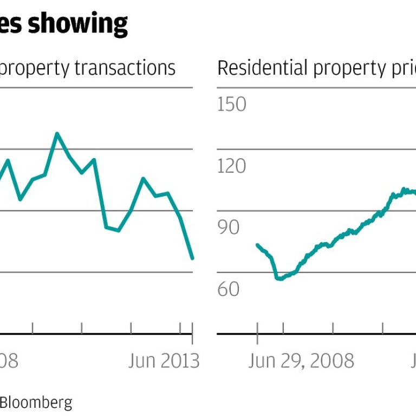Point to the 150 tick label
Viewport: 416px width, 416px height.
232,104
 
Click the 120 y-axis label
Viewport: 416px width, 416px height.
232,166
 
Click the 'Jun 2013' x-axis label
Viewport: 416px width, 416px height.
164,361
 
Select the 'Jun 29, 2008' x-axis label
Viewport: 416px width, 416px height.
301,361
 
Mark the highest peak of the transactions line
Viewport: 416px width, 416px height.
57,133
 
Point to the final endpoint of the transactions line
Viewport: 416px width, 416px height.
192,258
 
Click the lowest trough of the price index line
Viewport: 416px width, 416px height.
279,278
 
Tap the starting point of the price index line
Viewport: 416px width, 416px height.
257,245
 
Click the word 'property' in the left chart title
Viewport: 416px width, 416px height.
35,69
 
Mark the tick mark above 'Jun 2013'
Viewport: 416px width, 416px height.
193,328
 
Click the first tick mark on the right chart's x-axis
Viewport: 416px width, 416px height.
257,328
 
